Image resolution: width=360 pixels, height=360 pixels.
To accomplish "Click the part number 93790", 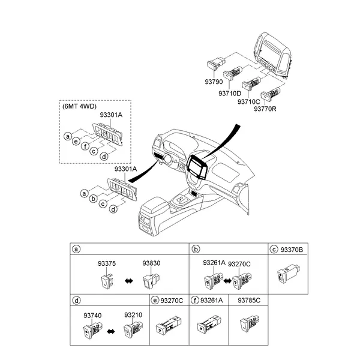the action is (x=214, y=82).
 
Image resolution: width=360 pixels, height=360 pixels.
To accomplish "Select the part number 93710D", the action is (x=230, y=94).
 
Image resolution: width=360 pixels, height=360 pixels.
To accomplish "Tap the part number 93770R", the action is (x=265, y=109).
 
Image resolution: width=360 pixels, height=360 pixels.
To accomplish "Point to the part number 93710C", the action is (x=248, y=101).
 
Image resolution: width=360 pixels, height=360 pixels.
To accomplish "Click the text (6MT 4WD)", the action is (x=79, y=106).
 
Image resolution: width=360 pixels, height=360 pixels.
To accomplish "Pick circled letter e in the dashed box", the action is (x=76, y=141).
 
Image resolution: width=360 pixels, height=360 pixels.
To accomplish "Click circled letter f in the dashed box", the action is (x=85, y=146).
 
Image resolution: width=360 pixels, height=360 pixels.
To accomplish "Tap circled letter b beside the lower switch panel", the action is (x=94, y=199).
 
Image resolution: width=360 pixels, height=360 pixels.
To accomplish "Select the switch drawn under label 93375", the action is (x=107, y=281).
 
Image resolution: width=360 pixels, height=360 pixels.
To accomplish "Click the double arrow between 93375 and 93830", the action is (x=129, y=281).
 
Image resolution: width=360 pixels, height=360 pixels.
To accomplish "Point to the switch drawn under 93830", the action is (x=151, y=280).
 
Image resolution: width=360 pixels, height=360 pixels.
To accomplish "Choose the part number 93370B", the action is (x=292, y=250).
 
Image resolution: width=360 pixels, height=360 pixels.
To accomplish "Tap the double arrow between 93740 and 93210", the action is (x=111, y=331).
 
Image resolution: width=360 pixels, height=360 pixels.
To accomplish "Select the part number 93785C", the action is (x=249, y=301).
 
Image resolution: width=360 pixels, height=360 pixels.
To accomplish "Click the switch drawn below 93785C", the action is (x=250, y=324).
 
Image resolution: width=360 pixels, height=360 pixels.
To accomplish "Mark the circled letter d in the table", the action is (x=76, y=301).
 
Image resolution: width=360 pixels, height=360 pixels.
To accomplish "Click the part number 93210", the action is (x=133, y=315).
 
